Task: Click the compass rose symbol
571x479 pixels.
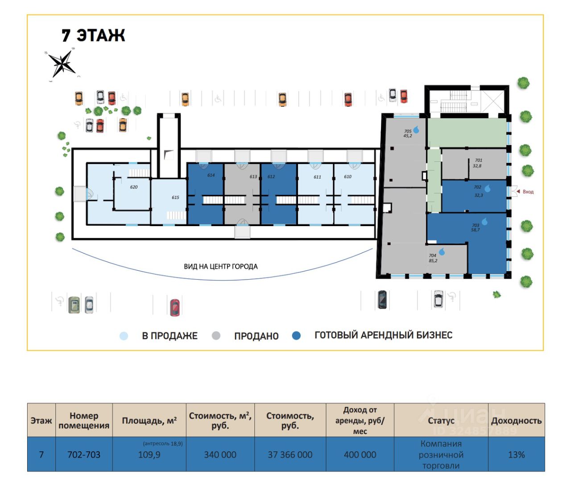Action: click(x=62, y=63)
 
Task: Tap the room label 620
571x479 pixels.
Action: click(x=134, y=187)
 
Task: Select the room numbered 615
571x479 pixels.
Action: click(x=175, y=198)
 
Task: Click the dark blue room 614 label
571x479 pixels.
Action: click(x=211, y=175)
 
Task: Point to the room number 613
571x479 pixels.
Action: click(x=253, y=177)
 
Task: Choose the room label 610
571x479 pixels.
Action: click(x=348, y=177)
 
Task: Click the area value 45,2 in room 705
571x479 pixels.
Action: click(x=408, y=136)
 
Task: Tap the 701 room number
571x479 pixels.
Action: click(x=479, y=160)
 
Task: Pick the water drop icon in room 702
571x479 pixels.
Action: click(x=488, y=189)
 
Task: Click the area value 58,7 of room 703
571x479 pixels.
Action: click(x=476, y=230)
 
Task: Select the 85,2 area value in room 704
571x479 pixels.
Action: click(x=433, y=261)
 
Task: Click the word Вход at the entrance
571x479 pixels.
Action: click(x=528, y=192)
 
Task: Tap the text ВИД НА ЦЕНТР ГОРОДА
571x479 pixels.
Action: click(x=221, y=267)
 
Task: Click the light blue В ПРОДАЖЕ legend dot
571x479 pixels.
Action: click(x=124, y=336)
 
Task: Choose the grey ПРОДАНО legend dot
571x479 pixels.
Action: click(x=216, y=336)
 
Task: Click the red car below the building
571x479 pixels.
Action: click(x=175, y=307)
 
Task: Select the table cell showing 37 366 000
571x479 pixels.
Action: click(x=290, y=455)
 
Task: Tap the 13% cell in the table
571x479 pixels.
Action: click(x=516, y=455)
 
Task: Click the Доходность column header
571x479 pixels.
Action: click(x=516, y=421)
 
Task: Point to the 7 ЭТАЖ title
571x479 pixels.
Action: click(x=93, y=35)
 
